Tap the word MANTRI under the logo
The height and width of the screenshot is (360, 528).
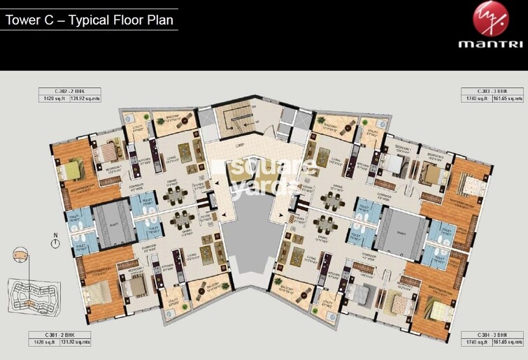tap(490, 44)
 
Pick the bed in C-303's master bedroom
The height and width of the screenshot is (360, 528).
tap(471, 185)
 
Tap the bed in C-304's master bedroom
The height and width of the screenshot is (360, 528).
tap(441, 308)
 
